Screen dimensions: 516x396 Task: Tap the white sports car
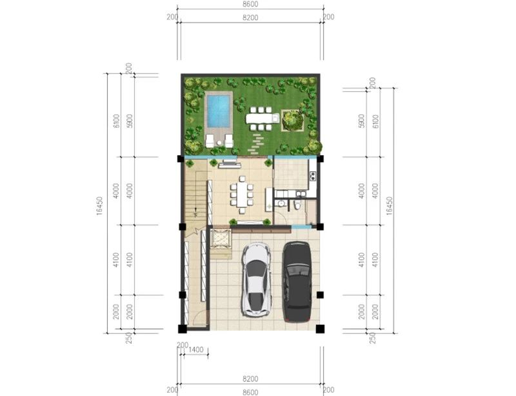[x=257, y=280]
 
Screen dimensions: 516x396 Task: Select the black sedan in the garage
[x=297, y=282]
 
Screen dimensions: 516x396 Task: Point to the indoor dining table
[x=241, y=194]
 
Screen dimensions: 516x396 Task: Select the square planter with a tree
[x=292, y=120]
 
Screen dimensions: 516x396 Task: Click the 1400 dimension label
[x=196, y=349]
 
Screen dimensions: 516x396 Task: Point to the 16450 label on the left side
[x=100, y=205]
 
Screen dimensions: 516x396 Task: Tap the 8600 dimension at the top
[x=250, y=5]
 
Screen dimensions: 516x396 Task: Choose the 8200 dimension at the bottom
[x=250, y=379]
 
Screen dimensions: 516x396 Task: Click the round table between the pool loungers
[x=219, y=143]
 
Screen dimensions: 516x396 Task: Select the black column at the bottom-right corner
[x=320, y=329]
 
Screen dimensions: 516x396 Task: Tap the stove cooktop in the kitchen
[x=313, y=176]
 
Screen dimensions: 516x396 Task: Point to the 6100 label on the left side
[x=116, y=121]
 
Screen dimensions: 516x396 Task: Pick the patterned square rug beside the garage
[x=221, y=238]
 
